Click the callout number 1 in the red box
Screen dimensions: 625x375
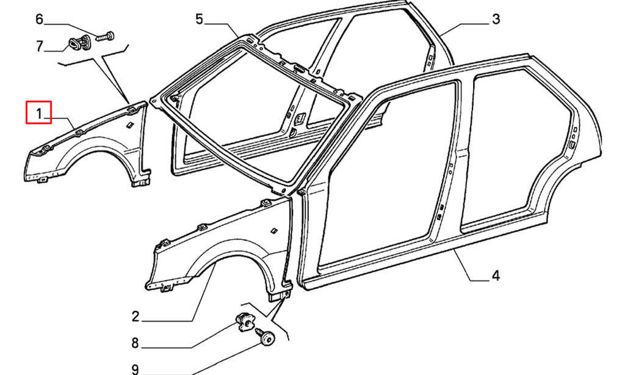pos(39,114)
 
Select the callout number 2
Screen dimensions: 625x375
pos(135,316)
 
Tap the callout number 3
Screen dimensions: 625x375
pos(496,19)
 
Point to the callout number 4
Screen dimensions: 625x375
pos(496,275)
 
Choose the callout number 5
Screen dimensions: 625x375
pos(200,19)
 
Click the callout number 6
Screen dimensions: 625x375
pos(39,19)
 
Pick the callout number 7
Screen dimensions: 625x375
pos(39,46)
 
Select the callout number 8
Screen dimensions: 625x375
pos(135,343)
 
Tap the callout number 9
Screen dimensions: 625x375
pos(135,370)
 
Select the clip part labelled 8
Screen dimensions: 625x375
pos(244,321)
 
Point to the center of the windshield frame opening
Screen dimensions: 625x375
pos(255,115)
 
